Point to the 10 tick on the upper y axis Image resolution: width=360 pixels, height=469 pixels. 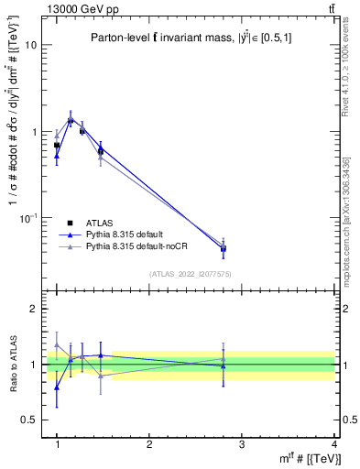[30, 45]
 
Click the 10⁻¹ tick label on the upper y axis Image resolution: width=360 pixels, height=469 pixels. [27, 218]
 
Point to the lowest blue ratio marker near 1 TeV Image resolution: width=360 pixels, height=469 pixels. [57, 387]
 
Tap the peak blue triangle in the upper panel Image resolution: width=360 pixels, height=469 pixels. [71, 119]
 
